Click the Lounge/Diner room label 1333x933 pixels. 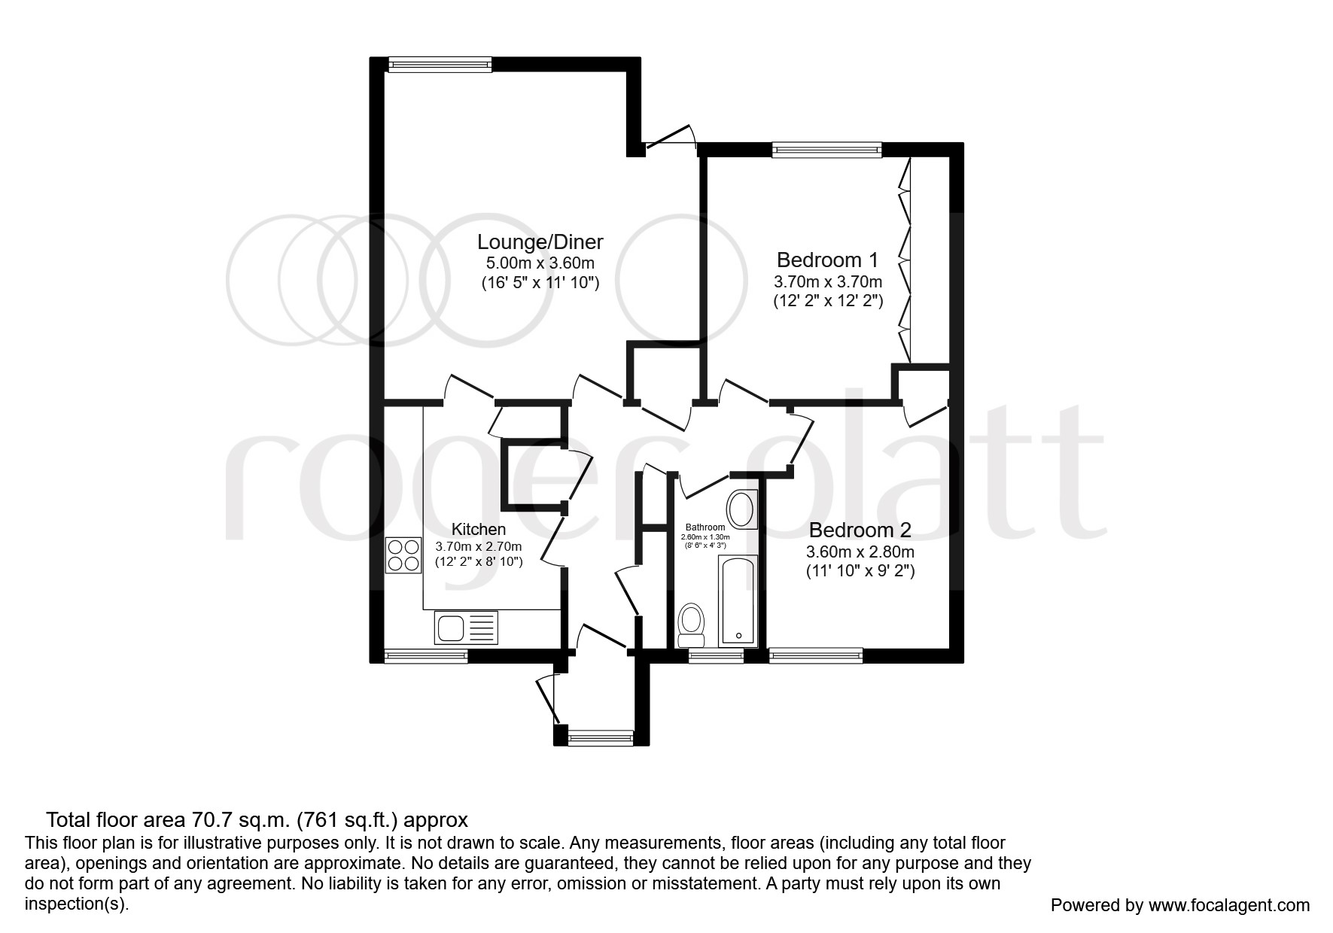point(540,242)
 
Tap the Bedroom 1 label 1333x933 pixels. point(827,260)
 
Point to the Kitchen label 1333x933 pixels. point(478,529)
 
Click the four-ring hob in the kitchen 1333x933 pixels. point(403,555)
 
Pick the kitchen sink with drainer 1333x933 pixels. point(466,626)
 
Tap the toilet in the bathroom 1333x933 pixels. point(691,626)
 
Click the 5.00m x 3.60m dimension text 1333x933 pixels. point(540,263)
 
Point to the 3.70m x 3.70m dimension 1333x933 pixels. point(827,282)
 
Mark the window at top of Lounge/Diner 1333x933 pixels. point(440,65)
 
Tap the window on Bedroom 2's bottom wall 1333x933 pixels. point(815,656)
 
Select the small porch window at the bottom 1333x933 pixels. point(601,739)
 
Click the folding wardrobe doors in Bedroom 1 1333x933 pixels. point(903,260)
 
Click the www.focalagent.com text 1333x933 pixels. point(1228,905)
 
